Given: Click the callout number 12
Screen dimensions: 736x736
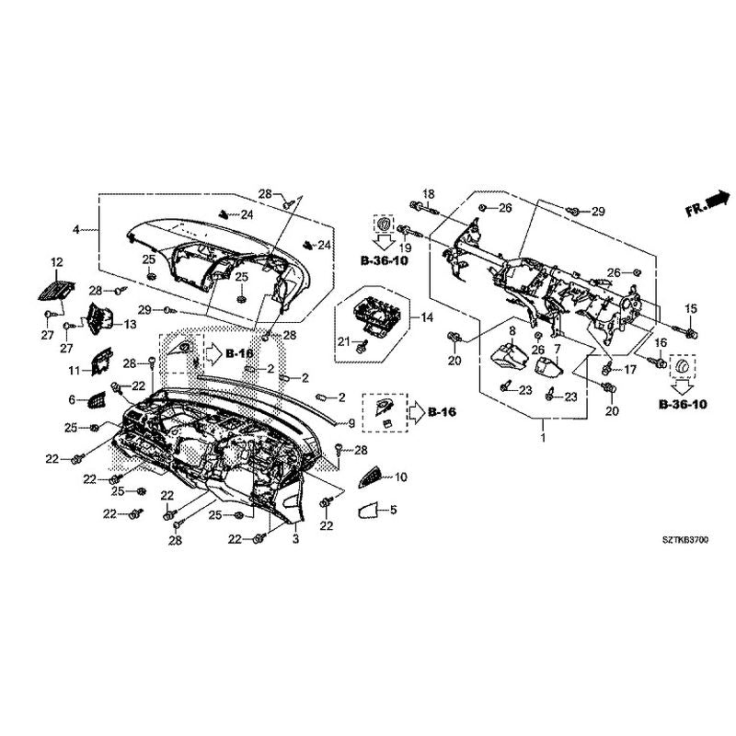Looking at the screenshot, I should (56, 263).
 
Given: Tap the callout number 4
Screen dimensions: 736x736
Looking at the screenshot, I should (77, 227).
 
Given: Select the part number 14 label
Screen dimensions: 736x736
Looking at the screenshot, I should (426, 317).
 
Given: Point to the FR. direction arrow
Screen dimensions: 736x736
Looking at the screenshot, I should (707, 203).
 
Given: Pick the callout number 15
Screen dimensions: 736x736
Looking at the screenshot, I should (691, 307).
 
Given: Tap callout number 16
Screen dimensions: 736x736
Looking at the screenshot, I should (659, 342).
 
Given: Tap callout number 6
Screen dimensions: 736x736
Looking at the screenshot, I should (73, 399).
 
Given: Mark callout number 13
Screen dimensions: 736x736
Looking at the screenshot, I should (130, 325).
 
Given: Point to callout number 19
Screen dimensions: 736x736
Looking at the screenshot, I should (405, 250).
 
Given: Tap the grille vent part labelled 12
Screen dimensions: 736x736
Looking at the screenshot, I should (54, 289).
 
